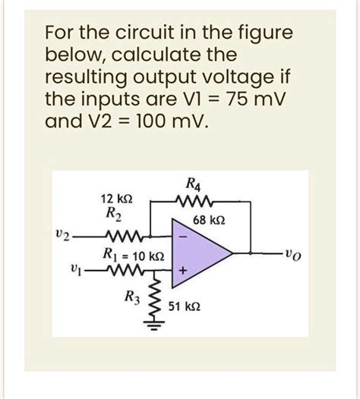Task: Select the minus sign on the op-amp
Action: [183, 237]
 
